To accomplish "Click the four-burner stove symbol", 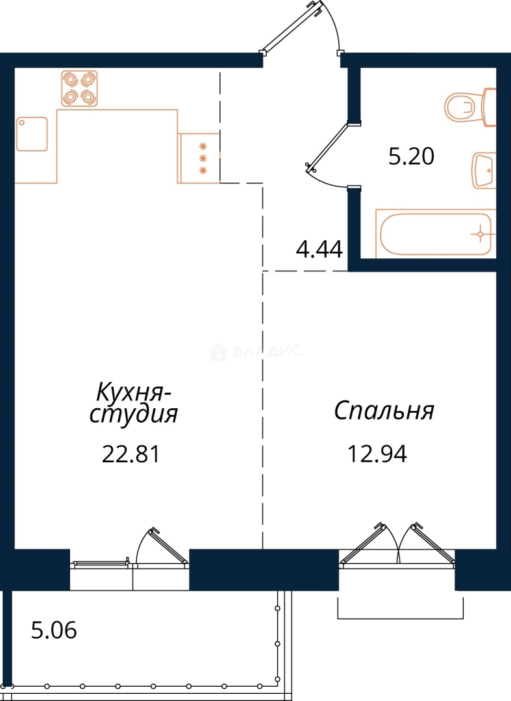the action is coord(80,88).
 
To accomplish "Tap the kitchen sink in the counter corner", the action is coord(32,134).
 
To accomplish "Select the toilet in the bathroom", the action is coord(470,107).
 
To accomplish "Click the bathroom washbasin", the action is coord(484,170).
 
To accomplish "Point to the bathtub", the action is coord(436,234).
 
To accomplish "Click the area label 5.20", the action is coord(411,157).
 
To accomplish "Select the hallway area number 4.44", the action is coord(319,249).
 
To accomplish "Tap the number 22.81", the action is coord(131,454).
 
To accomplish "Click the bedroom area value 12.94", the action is coord(377,454).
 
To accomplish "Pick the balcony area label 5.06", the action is coord(54,630).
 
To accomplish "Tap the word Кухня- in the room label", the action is coord(133,392).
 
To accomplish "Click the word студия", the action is coord(134,414).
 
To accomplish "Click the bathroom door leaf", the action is coord(327,146).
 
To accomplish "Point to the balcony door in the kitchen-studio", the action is coord(169,545).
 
